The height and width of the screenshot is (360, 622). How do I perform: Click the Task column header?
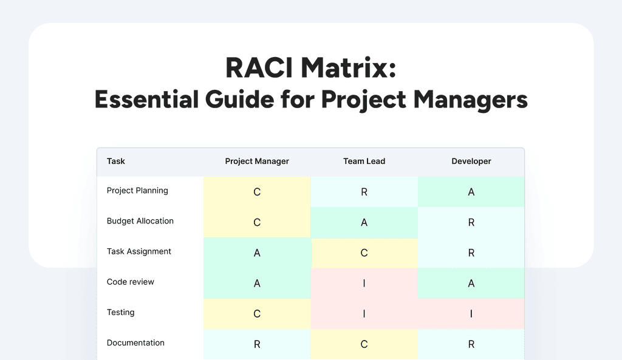116,161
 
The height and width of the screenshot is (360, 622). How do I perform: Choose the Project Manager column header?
257,161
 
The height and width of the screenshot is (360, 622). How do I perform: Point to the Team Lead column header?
364,161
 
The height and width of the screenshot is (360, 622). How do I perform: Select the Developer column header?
471,161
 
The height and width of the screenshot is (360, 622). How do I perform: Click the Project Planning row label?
137,191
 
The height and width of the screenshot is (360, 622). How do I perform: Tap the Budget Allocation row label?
140,221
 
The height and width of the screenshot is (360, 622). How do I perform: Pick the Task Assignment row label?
139,251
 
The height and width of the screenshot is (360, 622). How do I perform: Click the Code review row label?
131,282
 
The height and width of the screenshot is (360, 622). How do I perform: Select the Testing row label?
121,312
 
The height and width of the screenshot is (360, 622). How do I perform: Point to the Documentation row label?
135,343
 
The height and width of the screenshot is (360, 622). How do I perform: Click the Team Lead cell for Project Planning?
364,192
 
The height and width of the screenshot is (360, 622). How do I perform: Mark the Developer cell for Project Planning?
471,192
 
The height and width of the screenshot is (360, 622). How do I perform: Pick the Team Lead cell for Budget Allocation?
364,223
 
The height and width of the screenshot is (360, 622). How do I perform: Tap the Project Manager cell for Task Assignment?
257,253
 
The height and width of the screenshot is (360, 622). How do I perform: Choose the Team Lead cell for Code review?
364,284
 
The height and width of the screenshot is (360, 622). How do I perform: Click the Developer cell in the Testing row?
471,314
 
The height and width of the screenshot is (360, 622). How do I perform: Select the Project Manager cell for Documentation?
257,344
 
